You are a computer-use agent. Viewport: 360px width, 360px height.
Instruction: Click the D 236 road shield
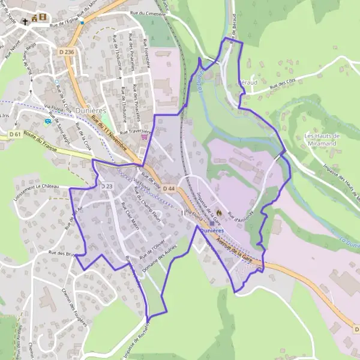(x=69, y=52)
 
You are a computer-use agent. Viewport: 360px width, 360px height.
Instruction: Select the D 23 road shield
(x=107, y=187)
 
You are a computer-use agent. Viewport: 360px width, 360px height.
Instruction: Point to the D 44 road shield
(x=169, y=189)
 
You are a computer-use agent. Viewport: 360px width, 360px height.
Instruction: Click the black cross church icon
(x=25, y=22)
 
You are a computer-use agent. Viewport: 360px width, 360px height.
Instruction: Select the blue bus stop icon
(x=47, y=121)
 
